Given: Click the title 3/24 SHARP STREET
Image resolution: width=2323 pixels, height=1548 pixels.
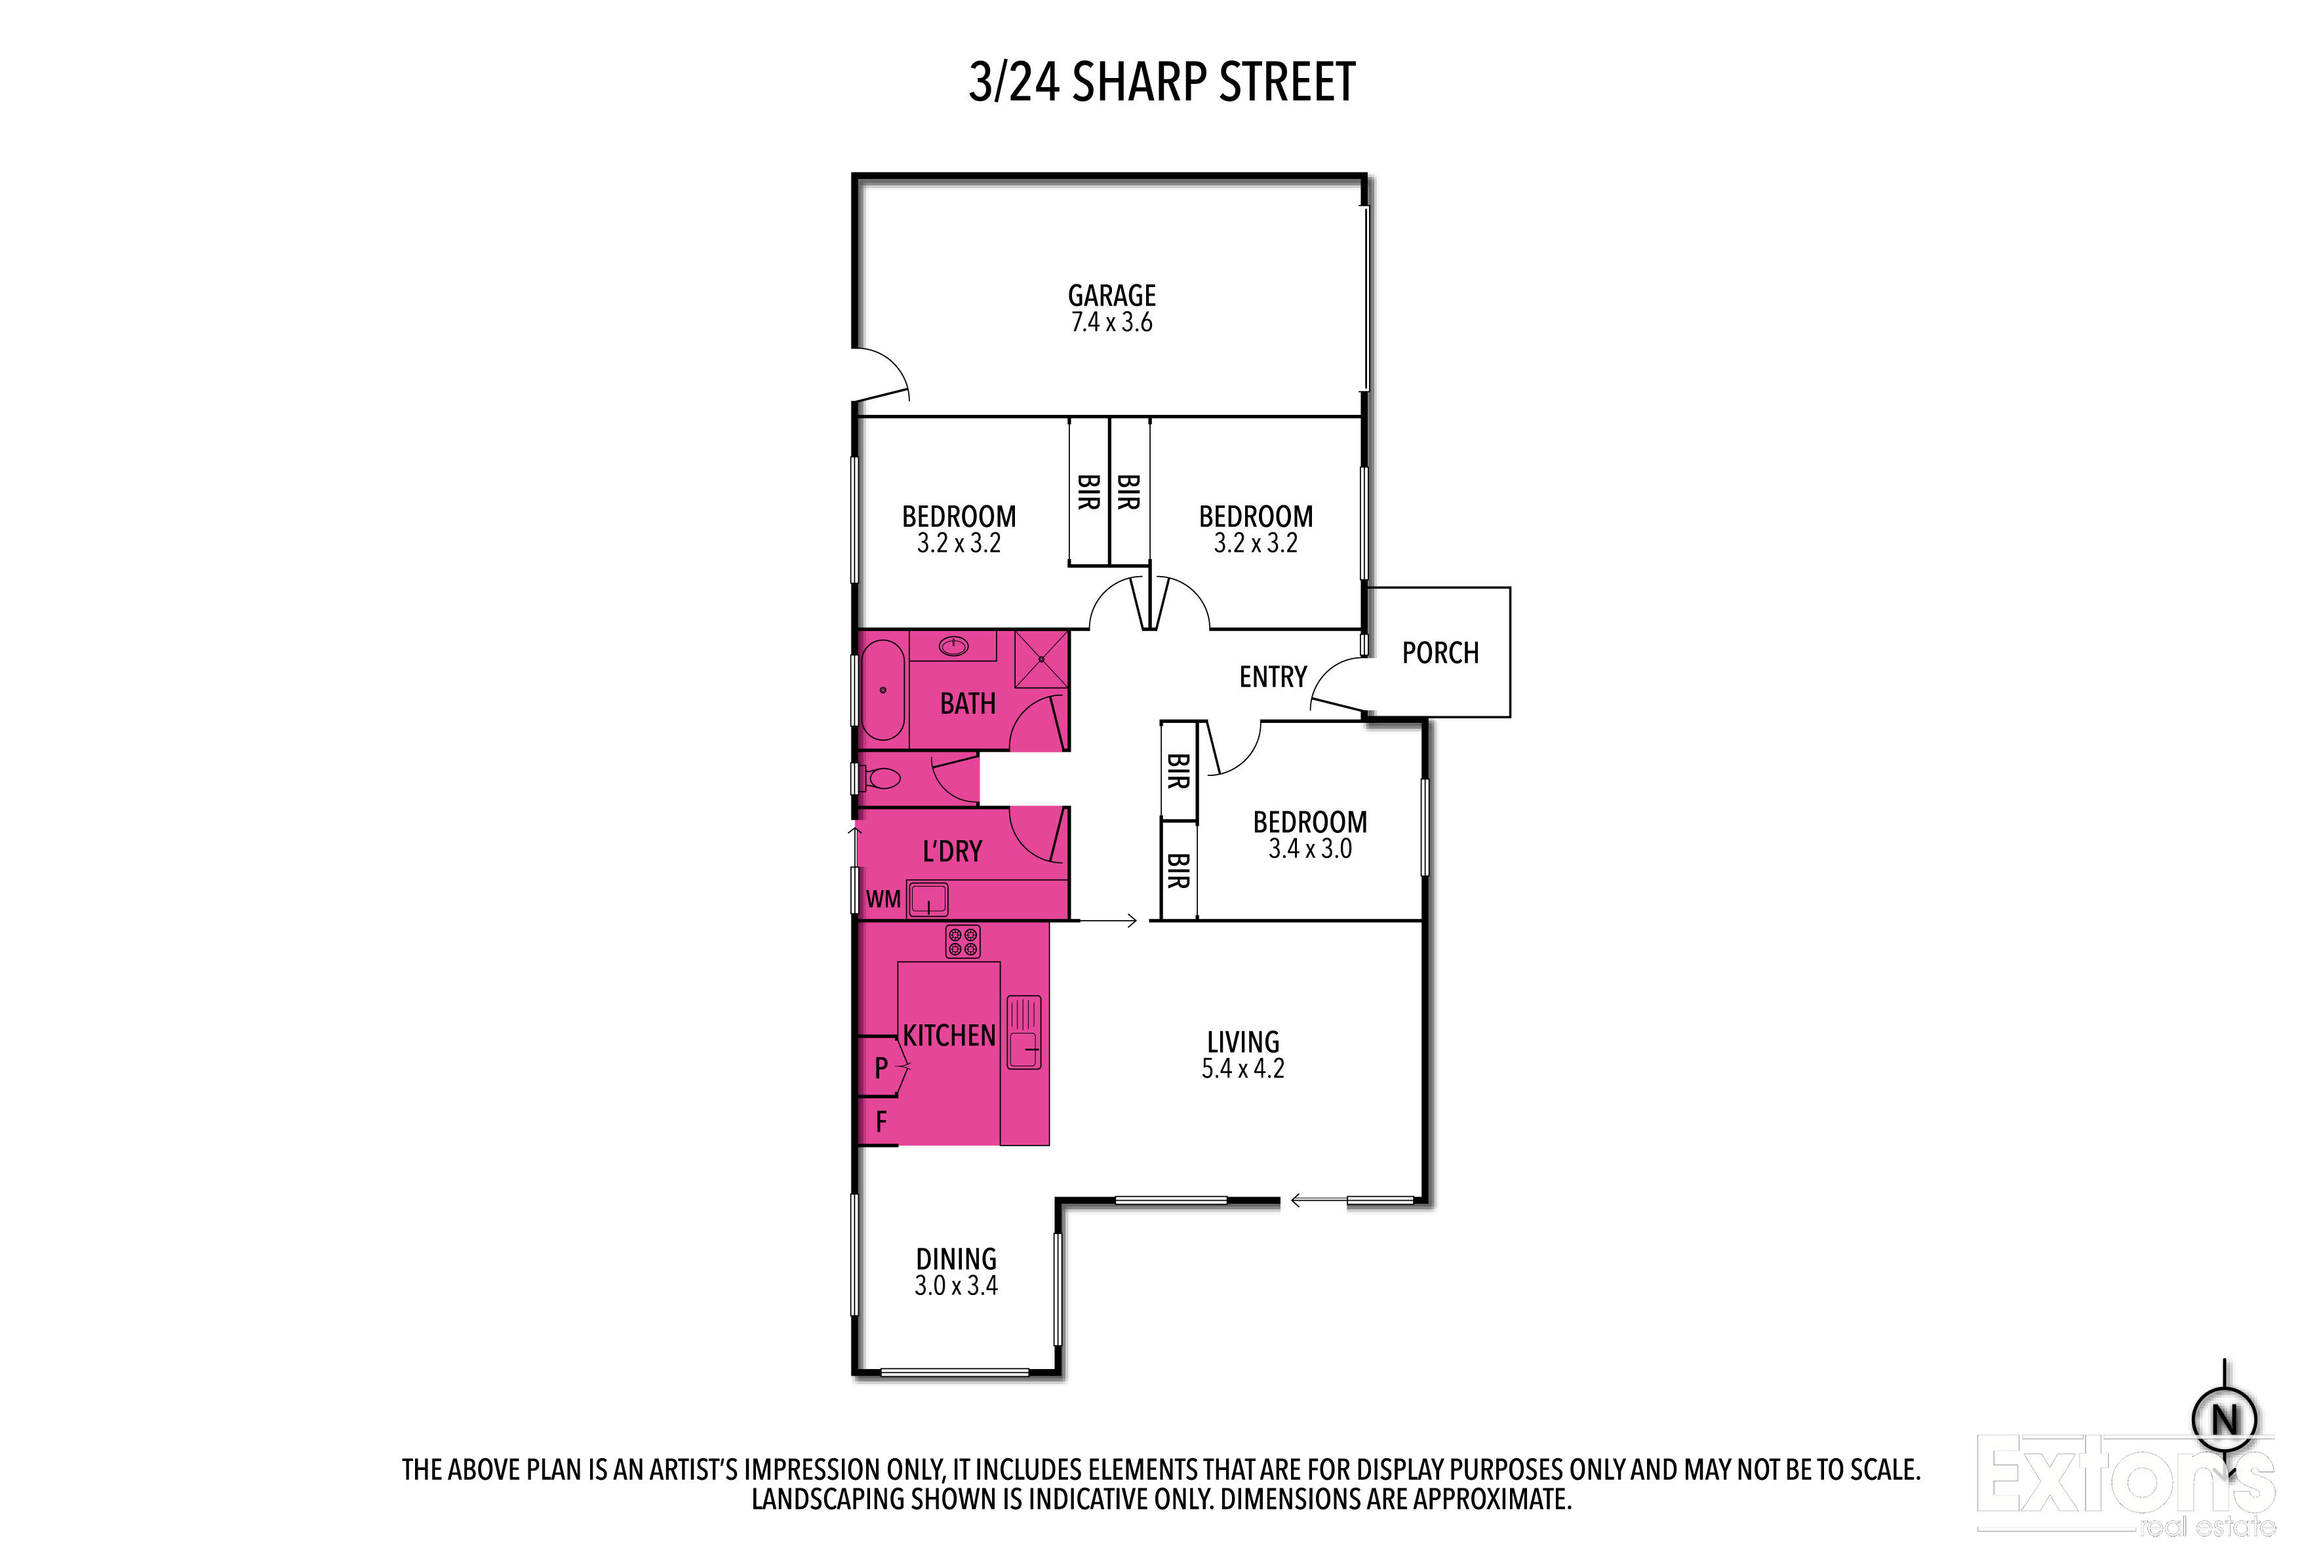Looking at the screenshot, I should point(1162,82).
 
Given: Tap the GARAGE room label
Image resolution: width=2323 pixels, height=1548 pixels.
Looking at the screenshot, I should point(1111,295).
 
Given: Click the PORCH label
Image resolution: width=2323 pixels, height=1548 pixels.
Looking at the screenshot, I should point(1440,653).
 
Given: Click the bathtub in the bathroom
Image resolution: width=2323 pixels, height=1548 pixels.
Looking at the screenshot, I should point(882,690).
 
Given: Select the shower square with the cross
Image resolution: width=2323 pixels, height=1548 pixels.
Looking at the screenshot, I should point(1041,659).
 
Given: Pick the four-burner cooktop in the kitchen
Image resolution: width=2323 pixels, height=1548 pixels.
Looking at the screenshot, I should point(963,941).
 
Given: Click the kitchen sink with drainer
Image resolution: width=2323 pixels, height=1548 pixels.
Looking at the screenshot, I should point(1023,1032).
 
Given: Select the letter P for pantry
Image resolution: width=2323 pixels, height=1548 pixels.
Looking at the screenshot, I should point(881,1067).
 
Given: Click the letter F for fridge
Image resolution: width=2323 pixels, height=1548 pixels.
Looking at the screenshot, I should point(881,1121).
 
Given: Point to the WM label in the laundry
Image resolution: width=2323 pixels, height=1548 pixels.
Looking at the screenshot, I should point(883,899).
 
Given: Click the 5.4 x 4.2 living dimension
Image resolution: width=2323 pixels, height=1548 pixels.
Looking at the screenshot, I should point(1242,1069).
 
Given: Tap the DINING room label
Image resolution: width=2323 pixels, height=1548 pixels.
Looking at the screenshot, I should point(956,1259).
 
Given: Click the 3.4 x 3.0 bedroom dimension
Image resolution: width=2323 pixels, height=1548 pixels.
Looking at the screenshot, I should point(1309,849).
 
